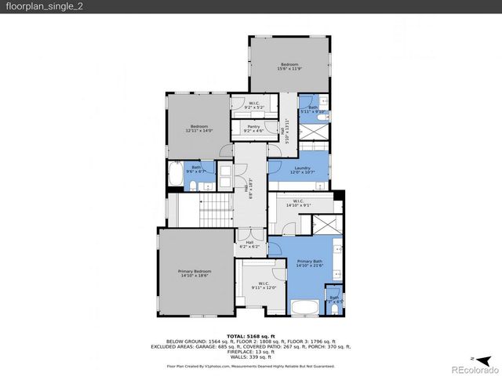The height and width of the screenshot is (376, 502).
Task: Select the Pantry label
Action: point(253,126)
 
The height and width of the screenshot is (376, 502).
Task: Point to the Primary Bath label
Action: point(310,261)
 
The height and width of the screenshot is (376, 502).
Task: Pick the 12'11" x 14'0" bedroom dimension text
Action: point(199,131)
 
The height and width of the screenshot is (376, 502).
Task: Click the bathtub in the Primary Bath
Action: point(307,307)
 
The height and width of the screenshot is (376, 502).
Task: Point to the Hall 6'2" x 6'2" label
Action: point(249,244)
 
